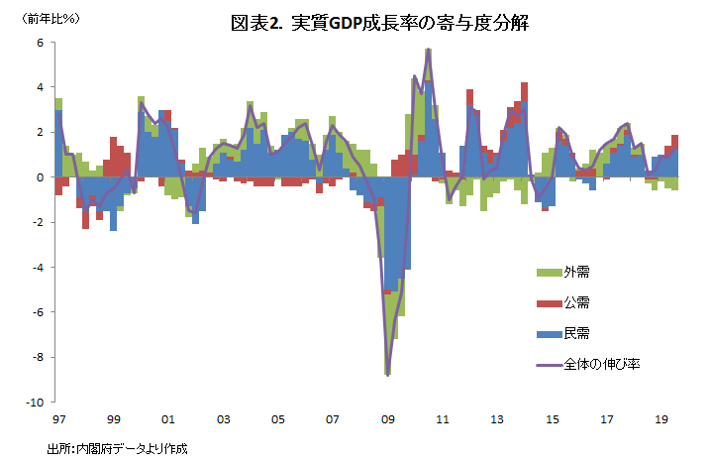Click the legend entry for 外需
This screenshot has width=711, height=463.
(576, 272)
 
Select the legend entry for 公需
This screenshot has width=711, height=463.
(576, 302)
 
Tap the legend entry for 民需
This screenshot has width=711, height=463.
(576, 333)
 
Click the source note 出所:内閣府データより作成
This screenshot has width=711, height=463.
(117, 448)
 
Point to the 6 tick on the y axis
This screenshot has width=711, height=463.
(39, 43)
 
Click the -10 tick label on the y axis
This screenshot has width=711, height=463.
(35, 403)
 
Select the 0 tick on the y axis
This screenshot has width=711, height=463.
(39, 177)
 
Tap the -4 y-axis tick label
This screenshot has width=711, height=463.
(37, 268)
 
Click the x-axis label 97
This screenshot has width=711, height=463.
(59, 418)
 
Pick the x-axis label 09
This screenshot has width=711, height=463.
(388, 418)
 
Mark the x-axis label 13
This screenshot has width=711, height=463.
(498, 418)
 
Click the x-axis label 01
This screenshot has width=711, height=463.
(168, 418)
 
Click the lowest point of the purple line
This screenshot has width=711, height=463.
(388, 375)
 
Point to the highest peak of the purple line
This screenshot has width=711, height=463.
(428, 50)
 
